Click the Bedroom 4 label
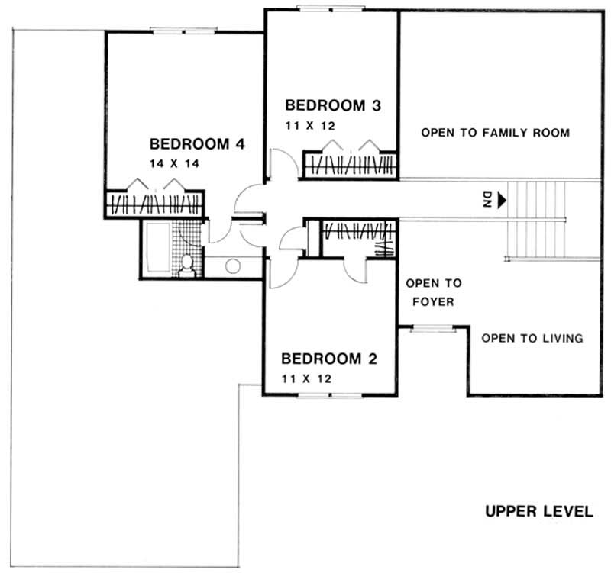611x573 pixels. click(196, 143)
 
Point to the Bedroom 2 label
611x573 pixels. click(329, 359)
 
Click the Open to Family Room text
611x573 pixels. click(495, 133)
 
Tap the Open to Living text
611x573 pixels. click(532, 338)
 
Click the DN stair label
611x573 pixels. click(487, 200)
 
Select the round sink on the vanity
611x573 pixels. click(234, 266)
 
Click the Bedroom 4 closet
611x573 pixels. click(155, 204)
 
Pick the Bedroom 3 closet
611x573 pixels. click(351, 165)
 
